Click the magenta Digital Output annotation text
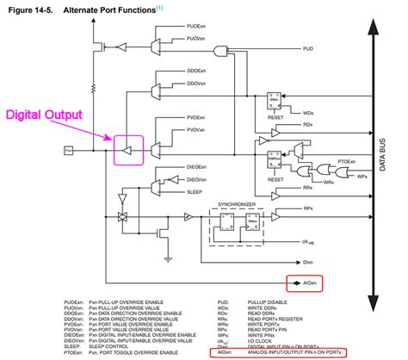(x=45, y=114)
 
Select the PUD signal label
(x=307, y=51)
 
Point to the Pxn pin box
(x=68, y=151)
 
